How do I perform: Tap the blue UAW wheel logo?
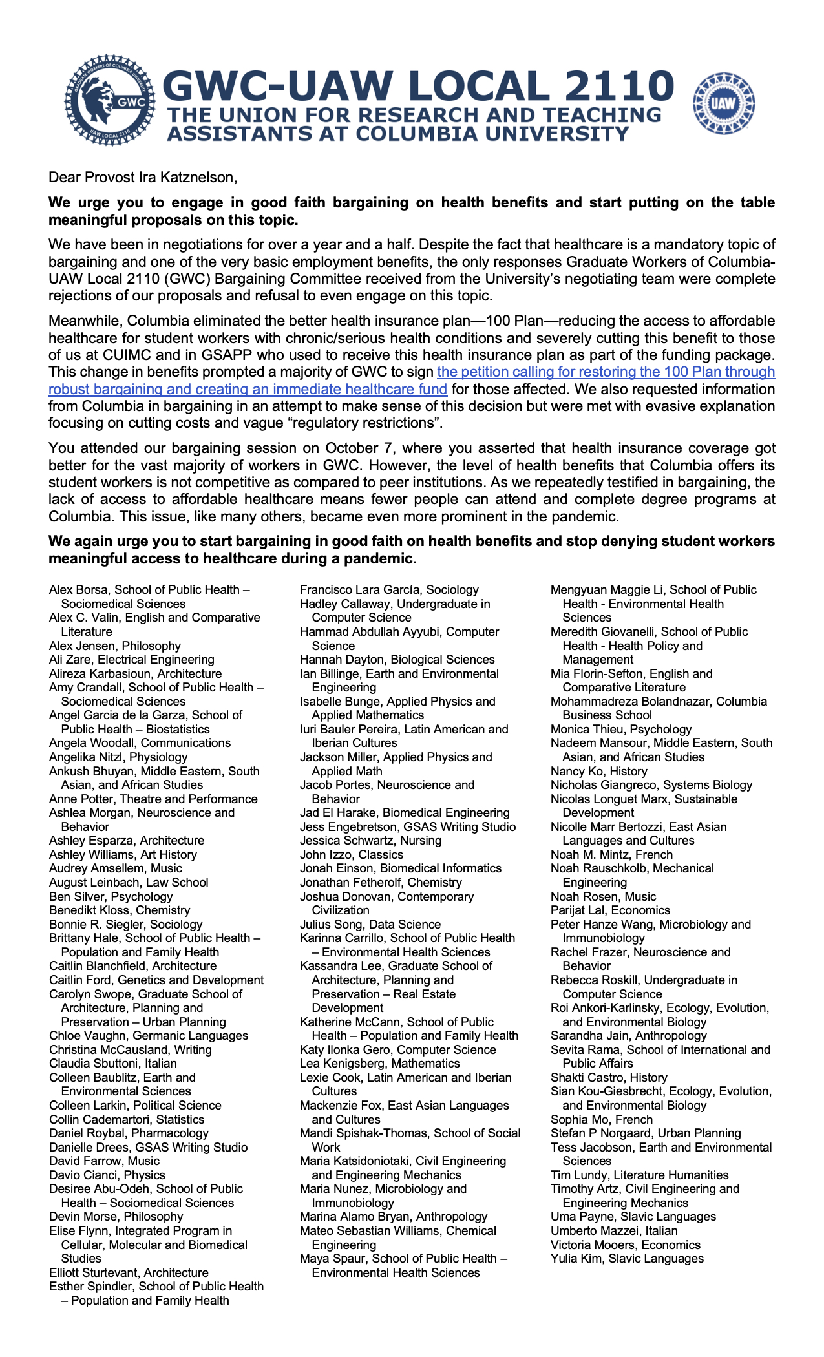click(723, 103)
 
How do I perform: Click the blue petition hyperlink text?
click(606, 372)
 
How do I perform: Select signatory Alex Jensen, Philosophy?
click(115, 646)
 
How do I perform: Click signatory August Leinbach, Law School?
click(129, 882)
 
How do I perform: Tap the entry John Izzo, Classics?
click(343, 854)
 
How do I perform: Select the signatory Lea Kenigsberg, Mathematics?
click(380, 1063)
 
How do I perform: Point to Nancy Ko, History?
click(598, 771)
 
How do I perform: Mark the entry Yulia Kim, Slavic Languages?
click(627, 1258)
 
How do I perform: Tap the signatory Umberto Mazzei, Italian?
click(614, 1230)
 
